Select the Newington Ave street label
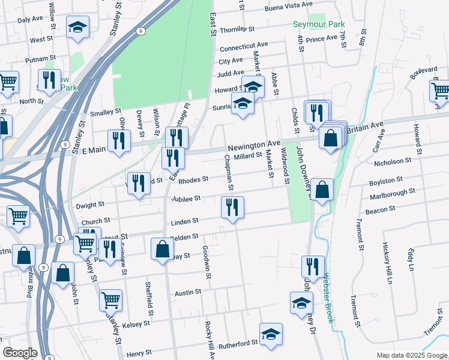click(x=255, y=145)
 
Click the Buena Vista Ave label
click(x=289, y=5)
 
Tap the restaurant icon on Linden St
click(x=232, y=208)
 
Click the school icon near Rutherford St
click(x=271, y=334)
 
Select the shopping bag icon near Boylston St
click(x=322, y=190)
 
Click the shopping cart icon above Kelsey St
click(x=110, y=299)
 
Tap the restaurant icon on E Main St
click(x=118, y=140)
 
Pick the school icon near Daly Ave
click(x=77, y=28)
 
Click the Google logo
click(x=19, y=353)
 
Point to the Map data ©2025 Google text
click(x=412, y=355)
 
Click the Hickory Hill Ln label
click(x=389, y=264)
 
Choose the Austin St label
click(x=187, y=293)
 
